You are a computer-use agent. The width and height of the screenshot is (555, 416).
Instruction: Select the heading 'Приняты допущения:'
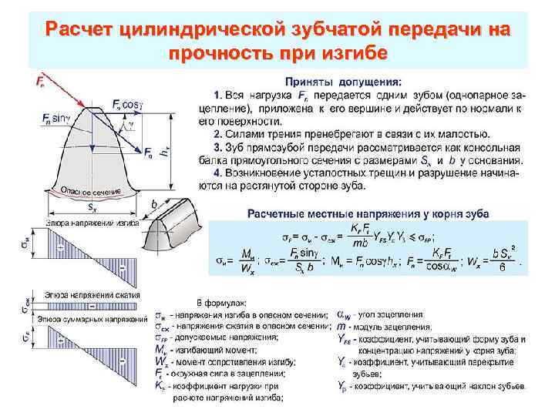[x=343, y=80]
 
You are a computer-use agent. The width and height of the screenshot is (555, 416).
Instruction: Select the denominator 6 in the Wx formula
[x=503, y=269]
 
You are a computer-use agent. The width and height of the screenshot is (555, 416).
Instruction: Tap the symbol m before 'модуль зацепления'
[x=341, y=327]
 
